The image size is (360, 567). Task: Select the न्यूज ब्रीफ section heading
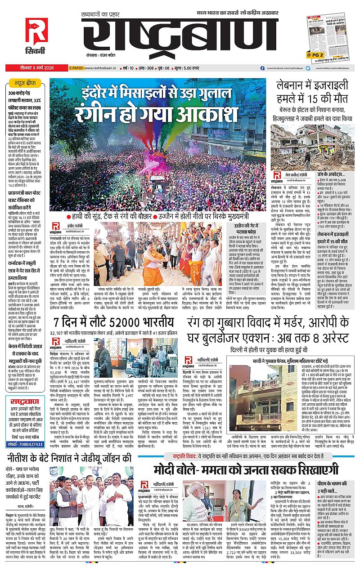coord(27,84)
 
